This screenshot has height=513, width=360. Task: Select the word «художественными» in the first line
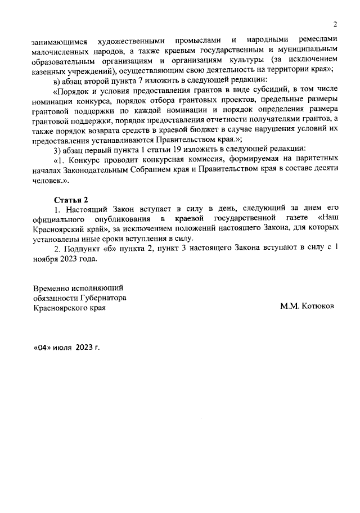click(131, 40)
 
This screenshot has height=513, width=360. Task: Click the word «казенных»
click(50, 70)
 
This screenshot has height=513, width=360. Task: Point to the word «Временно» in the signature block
click(53, 287)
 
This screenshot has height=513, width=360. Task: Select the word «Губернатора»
click(103, 297)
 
